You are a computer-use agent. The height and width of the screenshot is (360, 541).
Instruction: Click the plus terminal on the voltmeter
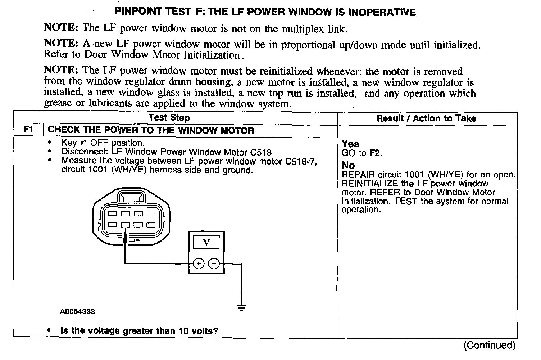pos(198,264)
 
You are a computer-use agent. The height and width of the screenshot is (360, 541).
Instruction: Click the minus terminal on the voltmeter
pos(214,264)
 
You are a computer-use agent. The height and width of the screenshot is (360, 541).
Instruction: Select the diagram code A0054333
pos(77,312)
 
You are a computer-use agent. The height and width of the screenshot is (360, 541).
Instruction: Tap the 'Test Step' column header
pos(169,118)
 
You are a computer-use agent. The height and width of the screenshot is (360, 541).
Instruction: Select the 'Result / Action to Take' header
pos(426,118)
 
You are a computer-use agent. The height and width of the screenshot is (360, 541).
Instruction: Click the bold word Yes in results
pos(350,144)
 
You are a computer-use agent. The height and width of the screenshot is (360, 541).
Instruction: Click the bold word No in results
pos(348,166)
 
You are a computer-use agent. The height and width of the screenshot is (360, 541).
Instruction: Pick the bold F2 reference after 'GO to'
pos(374,153)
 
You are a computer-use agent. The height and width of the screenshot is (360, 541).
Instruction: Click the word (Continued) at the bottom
pos(489,346)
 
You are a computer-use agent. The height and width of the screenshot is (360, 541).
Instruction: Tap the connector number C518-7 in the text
pos(301,161)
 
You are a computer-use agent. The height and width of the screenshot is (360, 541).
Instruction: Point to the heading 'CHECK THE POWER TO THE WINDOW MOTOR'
pos(151,130)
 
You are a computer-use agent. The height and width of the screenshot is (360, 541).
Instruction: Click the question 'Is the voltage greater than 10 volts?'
pos(139,331)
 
